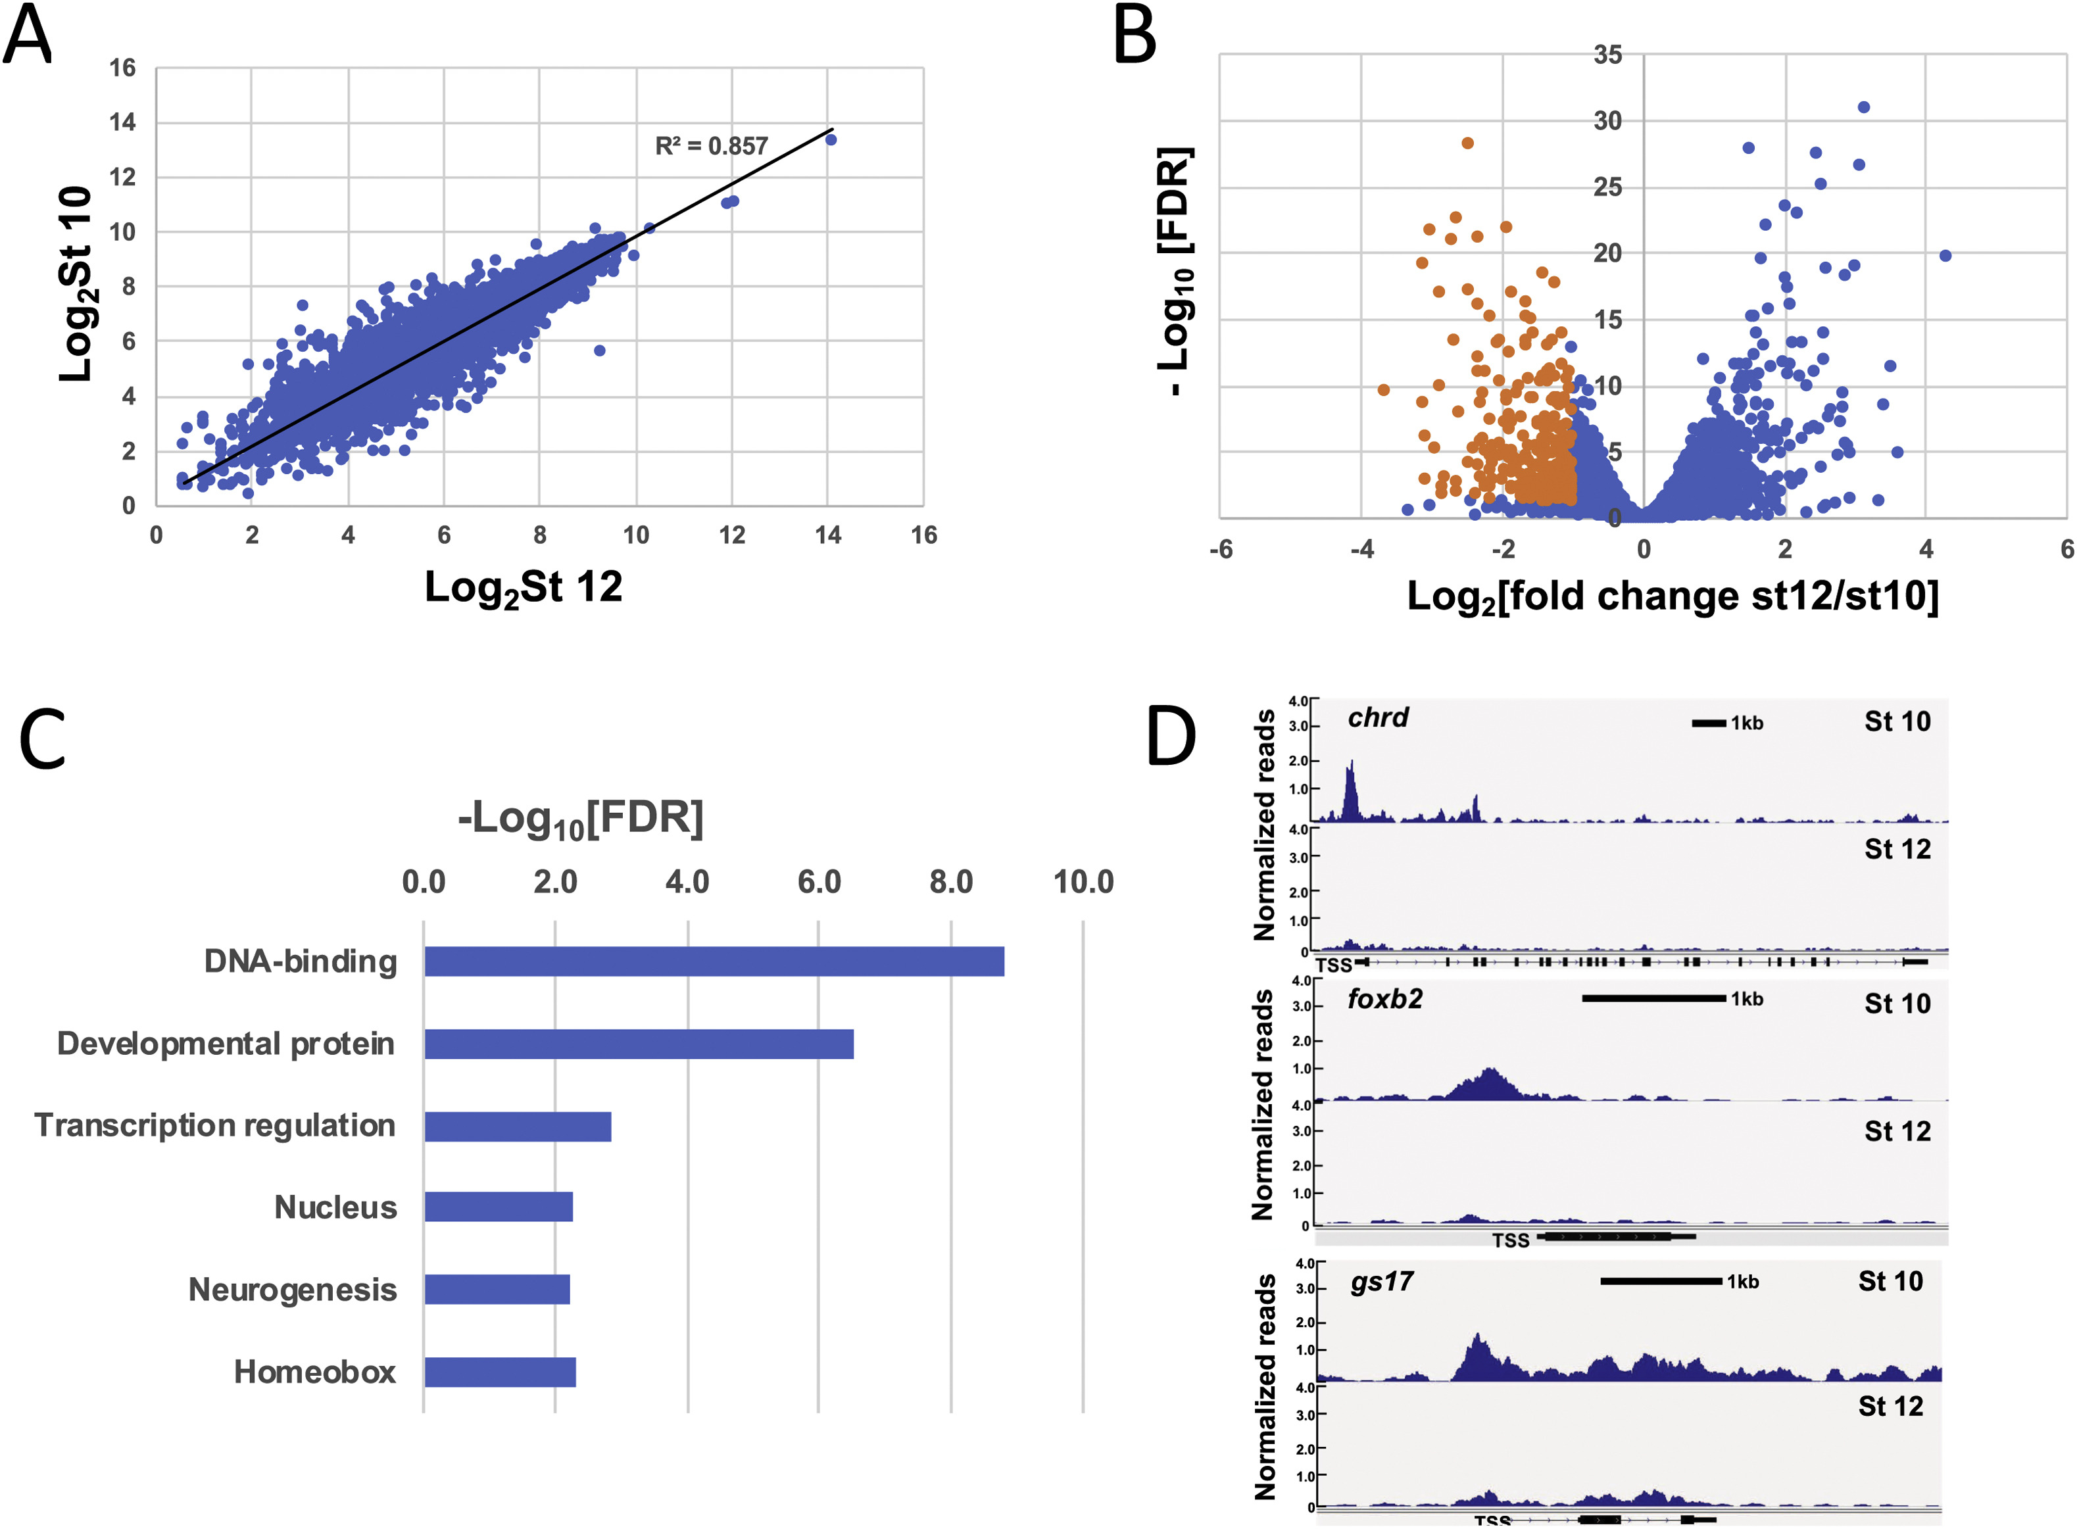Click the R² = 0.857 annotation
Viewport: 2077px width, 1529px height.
pyautogui.click(x=711, y=146)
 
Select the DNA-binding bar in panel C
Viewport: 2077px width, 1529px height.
pyautogui.click(x=714, y=961)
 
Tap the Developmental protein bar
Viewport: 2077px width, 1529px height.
pyautogui.click(x=639, y=1044)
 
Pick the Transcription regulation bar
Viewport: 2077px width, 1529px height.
pyautogui.click(x=518, y=1127)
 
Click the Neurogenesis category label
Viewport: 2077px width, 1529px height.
pyautogui.click(x=293, y=1289)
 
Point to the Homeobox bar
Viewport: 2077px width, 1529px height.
pyautogui.click(x=500, y=1372)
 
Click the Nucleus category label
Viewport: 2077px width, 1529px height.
pyautogui.click(x=335, y=1208)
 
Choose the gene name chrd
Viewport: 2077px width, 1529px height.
pyautogui.click(x=1377, y=718)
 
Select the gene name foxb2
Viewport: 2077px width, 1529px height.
pyautogui.click(x=1384, y=1000)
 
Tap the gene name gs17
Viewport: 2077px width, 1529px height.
pyautogui.click(x=1381, y=1282)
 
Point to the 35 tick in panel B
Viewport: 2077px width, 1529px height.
pyautogui.click(x=1607, y=55)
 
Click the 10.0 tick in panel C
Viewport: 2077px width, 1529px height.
pyautogui.click(x=1083, y=882)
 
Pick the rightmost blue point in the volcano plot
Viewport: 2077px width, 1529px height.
pyautogui.click(x=1945, y=255)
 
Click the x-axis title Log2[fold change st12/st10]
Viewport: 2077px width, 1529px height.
pyautogui.click(x=1673, y=597)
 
